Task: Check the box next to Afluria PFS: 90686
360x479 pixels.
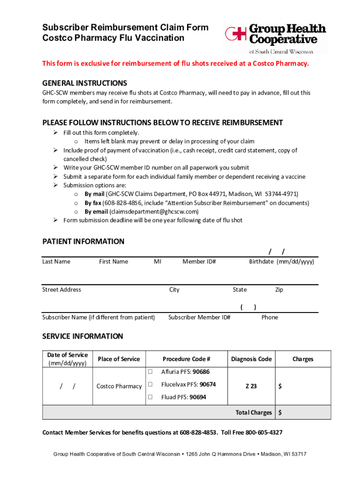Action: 151,372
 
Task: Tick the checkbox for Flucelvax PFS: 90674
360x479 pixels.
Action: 151,385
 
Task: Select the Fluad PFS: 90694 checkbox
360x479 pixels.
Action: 151,397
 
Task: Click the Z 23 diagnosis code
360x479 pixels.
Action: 251,386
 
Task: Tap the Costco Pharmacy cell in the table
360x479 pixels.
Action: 119,386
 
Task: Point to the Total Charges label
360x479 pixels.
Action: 254,413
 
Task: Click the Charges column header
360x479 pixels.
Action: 302,359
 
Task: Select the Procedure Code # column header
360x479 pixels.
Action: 186,359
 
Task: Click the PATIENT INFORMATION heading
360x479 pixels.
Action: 83,241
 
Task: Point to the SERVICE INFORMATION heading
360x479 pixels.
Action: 83,336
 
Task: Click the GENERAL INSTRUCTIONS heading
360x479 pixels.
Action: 85,83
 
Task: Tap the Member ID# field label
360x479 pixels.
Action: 199,262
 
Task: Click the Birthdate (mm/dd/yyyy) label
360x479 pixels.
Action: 281,262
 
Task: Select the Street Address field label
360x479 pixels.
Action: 62,290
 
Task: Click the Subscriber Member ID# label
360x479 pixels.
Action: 199,318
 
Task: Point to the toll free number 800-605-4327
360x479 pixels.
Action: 264,433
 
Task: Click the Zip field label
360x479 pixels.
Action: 279,290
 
